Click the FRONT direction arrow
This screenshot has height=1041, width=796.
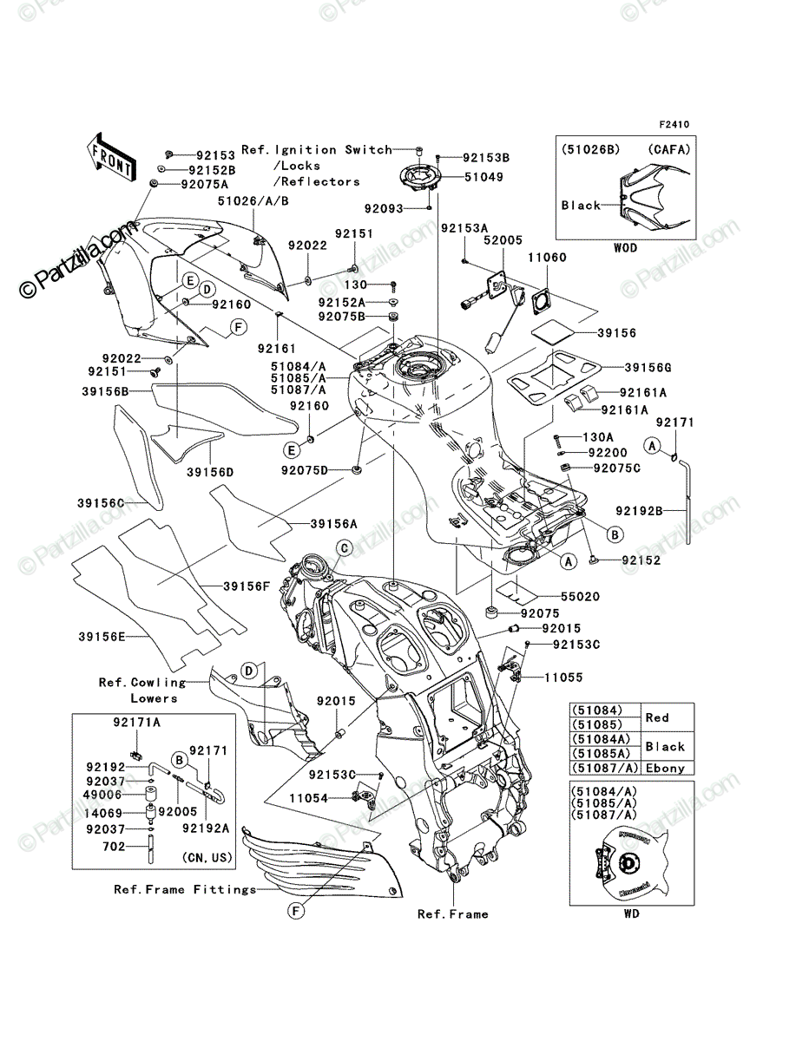(110, 156)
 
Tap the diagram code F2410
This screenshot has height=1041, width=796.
(674, 125)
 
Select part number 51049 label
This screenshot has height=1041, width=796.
(484, 177)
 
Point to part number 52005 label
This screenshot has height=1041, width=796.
(503, 240)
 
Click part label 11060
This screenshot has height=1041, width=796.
(548, 258)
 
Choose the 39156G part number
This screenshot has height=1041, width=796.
(648, 368)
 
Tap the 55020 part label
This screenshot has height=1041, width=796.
(580, 597)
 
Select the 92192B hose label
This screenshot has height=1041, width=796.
(639, 511)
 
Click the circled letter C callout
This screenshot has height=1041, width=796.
(345, 548)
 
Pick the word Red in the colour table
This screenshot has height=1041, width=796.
(657, 717)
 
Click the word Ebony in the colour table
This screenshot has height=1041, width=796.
(665, 769)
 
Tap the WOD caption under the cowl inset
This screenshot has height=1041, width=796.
(625, 248)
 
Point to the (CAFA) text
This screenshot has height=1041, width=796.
(669, 150)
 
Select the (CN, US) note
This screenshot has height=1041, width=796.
(207, 857)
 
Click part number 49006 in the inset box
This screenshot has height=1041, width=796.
(102, 795)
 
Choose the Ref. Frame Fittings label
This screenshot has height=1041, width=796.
(185, 889)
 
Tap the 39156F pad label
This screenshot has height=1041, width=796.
(247, 586)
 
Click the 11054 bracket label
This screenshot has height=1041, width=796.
(309, 799)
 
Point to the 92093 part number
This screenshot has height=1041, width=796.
(384, 209)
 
